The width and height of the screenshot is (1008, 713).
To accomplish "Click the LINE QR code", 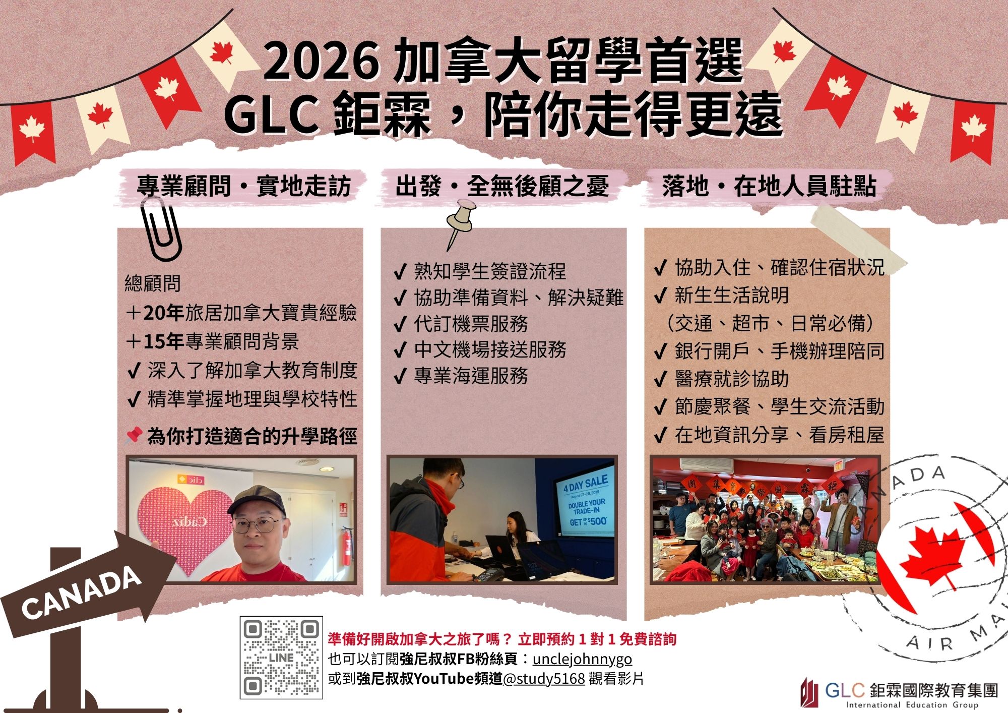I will click(x=281, y=657).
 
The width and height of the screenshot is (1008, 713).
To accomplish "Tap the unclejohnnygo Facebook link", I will click(x=582, y=659).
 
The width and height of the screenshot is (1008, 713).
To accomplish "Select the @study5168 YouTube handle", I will click(x=544, y=679).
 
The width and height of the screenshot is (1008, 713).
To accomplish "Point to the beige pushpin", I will click(x=460, y=222).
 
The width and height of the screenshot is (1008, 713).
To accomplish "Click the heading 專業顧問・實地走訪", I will click(x=243, y=186).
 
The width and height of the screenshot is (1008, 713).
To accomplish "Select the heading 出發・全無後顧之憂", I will click(x=502, y=186).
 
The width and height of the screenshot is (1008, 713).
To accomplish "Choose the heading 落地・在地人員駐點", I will click(x=769, y=186).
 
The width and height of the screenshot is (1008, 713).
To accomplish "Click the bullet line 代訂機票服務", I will click(x=471, y=324).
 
